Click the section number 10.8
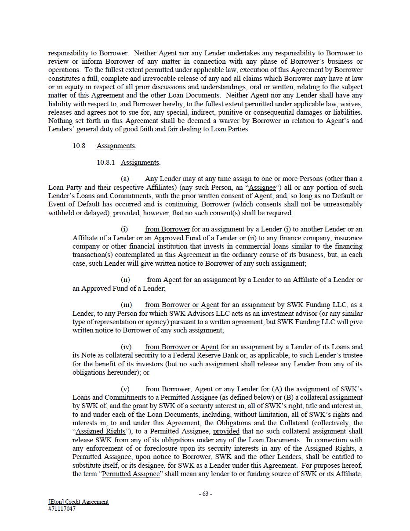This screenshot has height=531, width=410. [x=79, y=146]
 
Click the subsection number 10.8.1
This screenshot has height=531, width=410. [x=105, y=163]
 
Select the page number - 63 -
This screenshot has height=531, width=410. [x=205, y=494]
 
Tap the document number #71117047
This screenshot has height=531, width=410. [x=62, y=509]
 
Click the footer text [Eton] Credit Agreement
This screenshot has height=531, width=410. [x=79, y=502]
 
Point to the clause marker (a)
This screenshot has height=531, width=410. [x=125, y=179]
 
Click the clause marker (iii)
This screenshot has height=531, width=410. [x=126, y=305]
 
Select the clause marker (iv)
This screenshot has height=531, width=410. [x=126, y=347]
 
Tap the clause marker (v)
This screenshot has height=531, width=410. [x=125, y=389]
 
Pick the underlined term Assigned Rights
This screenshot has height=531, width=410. [x=101, y=431]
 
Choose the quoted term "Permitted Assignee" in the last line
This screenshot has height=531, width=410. [x=131, y=474]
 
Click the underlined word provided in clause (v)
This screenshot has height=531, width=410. [x=226, y=431]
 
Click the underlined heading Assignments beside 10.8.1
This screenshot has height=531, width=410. [x=140, y=163]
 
